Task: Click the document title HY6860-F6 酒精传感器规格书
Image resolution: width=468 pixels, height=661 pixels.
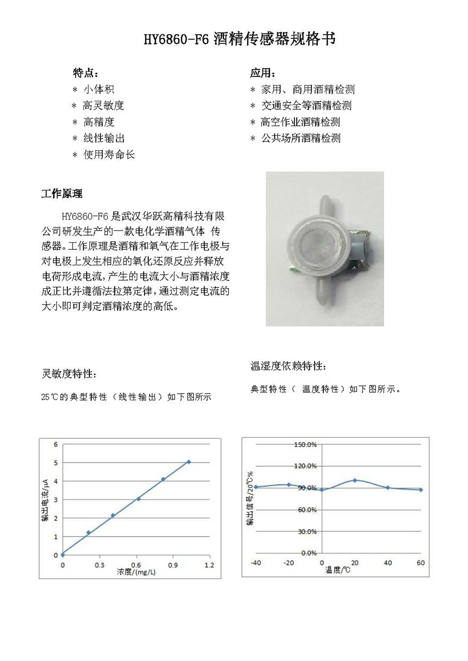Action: click(239, 39)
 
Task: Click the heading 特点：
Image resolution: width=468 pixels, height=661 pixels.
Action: click(86, 73)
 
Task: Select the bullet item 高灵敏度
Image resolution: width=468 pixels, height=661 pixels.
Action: click(103, 106)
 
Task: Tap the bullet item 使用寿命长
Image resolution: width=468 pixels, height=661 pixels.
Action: click(109, 155)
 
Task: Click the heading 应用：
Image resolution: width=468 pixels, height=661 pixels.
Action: click(263, 73)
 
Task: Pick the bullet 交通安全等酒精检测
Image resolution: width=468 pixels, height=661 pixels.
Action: click(306, 106)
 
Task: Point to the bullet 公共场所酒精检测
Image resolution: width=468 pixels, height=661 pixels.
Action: click(300, 138)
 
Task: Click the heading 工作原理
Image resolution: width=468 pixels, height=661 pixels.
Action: click(62, 194)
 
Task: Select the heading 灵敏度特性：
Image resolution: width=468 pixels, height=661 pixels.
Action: click(69, 374)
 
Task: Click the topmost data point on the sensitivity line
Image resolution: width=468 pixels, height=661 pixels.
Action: click(189, 462)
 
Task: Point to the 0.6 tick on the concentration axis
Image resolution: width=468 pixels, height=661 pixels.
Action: click(136, 565)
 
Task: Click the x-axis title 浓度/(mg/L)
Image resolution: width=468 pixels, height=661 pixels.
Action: click(136, 572)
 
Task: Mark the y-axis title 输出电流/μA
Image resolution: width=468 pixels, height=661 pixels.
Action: click(45, 500)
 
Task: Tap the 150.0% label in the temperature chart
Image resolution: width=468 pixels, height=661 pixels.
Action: click(305, 444)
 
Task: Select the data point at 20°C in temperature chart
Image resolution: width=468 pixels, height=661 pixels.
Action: click(355, 480)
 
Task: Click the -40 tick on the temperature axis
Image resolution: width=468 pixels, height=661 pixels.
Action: click(256, 563)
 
